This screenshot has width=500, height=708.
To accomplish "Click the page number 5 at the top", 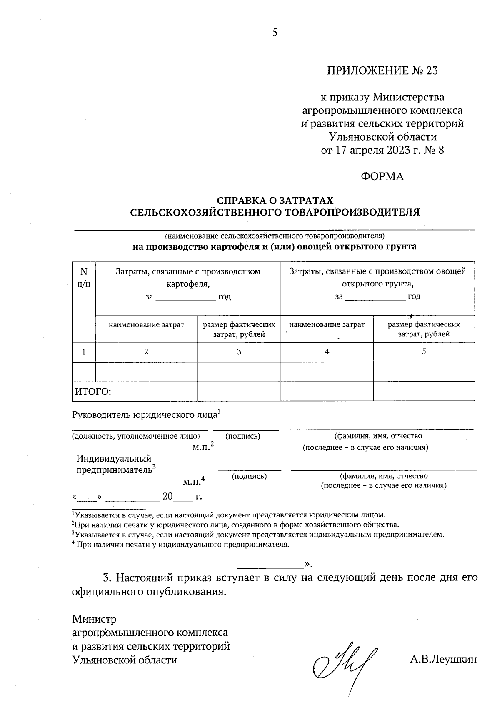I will point(275,33).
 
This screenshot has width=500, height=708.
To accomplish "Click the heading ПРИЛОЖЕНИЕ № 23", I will point(382,70).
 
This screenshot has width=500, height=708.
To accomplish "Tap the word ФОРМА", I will point(382,177).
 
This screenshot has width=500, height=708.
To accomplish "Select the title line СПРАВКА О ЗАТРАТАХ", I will point(275,201).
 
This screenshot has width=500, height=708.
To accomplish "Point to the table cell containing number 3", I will point(239,352).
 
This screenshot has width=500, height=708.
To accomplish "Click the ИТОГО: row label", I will point(92,392).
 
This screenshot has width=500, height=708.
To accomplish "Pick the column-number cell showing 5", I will point(424,351).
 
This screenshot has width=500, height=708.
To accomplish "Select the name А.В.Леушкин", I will point(443,659).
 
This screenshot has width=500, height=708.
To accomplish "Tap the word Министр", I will point(94,618).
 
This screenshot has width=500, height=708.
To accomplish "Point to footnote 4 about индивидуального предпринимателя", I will point(180,545).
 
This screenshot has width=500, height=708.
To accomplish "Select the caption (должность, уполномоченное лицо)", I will point(136,436).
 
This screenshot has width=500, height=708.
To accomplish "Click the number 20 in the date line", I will point(167,497).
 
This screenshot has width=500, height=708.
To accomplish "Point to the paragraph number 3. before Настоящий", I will point(107,578).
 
